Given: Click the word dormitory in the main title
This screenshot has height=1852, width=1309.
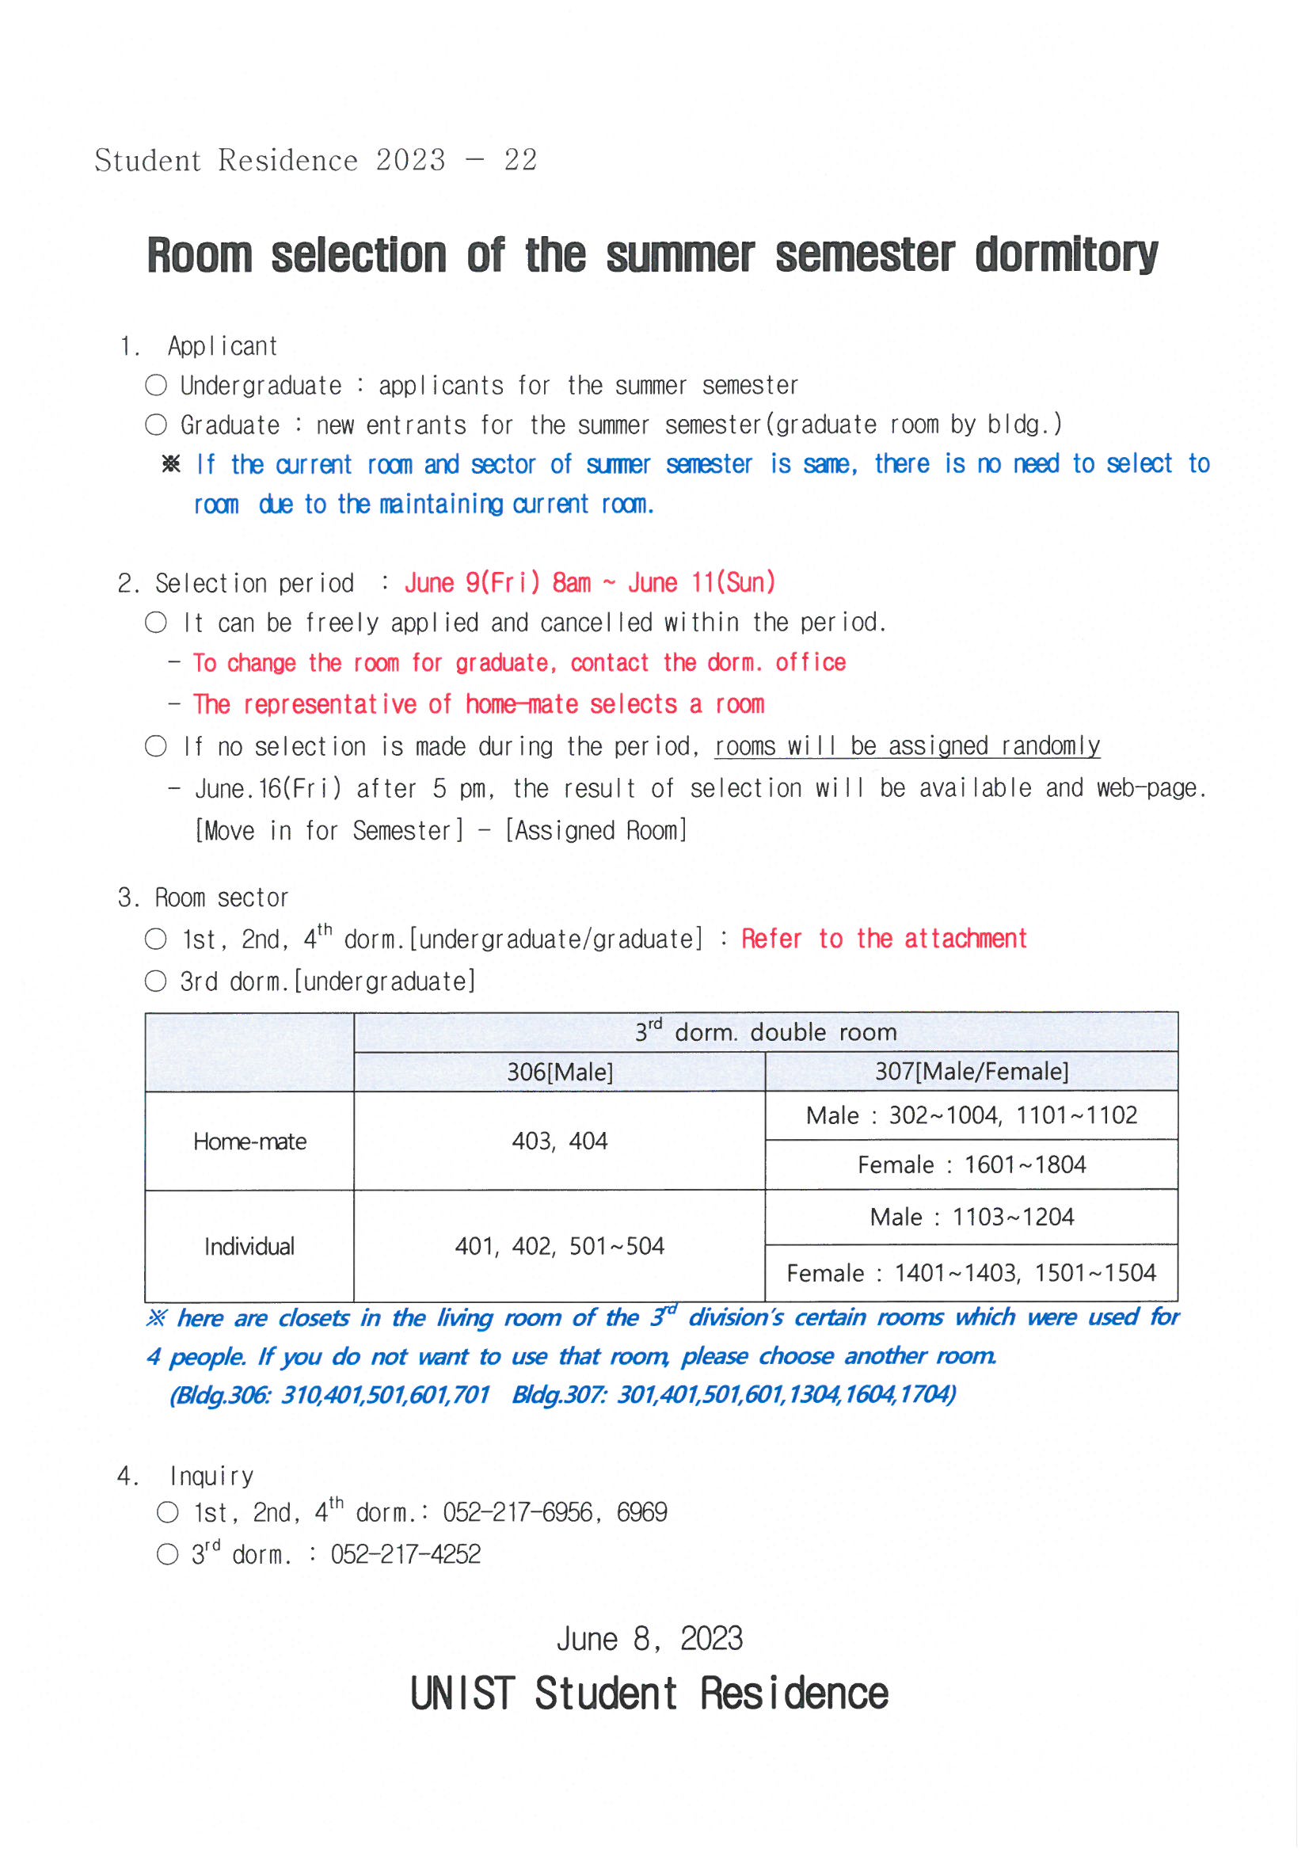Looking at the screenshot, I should tap(1065, 256).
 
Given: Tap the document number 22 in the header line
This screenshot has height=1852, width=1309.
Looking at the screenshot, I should tap(520, 161).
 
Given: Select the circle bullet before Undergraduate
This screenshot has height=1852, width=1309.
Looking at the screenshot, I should tap(156, 386).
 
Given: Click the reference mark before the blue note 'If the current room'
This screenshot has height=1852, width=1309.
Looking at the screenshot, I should tap(171, 465).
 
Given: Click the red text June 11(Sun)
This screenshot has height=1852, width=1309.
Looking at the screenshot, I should tap(701, 582).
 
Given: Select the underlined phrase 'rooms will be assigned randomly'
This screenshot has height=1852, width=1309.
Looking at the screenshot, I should tap(907, 746).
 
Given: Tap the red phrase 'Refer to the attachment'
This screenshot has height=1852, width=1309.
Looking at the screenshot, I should tap(883, 939).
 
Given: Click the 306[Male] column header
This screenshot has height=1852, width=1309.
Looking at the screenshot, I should tap(560, 1072).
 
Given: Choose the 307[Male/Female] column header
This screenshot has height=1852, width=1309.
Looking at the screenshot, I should tap(971, 1071).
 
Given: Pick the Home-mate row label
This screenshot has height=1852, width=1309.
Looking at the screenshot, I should tap(249, 1141).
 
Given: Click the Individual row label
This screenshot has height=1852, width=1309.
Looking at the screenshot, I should tap(249, 1246).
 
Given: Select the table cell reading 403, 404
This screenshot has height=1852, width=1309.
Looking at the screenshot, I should tap(560, 1141).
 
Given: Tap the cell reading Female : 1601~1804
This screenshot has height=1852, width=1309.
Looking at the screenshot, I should tap(971, 1164).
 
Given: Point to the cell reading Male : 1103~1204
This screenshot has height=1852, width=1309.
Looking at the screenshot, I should tap(971, 1218).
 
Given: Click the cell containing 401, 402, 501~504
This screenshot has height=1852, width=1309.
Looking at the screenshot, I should tap(560, 1246).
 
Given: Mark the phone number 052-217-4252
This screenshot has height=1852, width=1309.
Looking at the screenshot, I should tap(405, 1554).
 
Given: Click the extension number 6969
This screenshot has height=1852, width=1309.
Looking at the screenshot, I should tap(641, 1512).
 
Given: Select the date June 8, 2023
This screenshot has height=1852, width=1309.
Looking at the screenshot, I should tap(649, 1640).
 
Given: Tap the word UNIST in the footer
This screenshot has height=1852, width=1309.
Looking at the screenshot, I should tap(462, 1694).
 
